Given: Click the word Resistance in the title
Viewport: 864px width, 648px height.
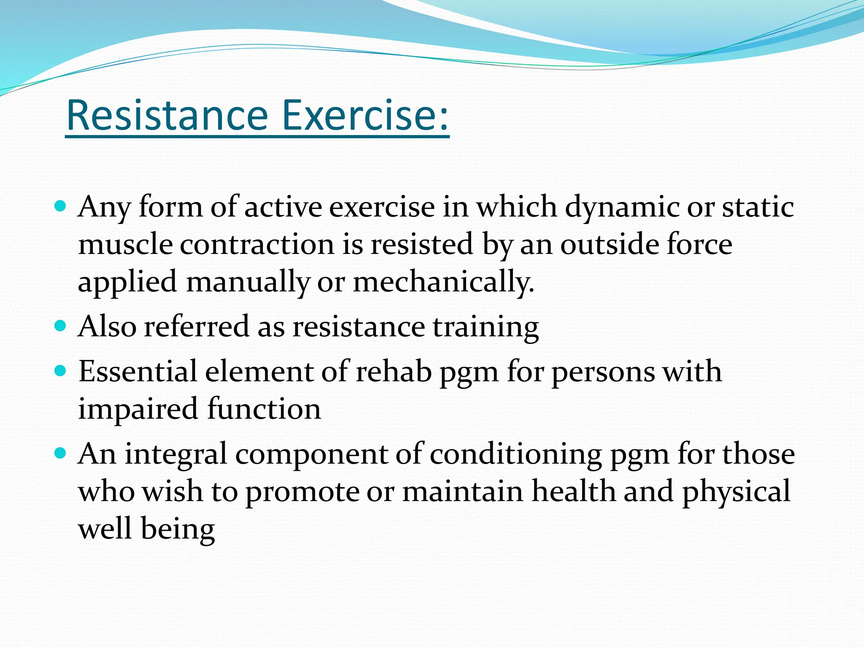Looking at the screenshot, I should pyautogui.click(x=167, y=115).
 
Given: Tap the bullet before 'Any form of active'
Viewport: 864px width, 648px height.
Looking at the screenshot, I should pyautogui.click(x=61, y=207).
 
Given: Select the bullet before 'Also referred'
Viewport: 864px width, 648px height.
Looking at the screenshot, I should pyautogui.click(x=61, y=326).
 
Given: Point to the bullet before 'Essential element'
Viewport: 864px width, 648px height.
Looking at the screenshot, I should pyautogui.click(x=61, y=371).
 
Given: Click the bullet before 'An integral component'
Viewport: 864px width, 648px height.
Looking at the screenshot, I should pyautogui.click(x=61, y=454).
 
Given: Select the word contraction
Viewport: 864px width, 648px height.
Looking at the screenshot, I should pyautogui.click(x=257, y=245).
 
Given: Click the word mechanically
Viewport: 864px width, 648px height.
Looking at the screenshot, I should pyautogui.click(x=443, y=282).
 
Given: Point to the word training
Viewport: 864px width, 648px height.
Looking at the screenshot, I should pyautogui.click(x=486, y=327).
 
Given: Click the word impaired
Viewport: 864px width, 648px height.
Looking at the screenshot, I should pyautogui.click(x=138, y=409).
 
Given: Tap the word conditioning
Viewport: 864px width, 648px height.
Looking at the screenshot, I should pyautogui.click(x=516, y=455).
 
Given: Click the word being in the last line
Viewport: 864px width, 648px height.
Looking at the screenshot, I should pyautogui.click(x=178, y=529).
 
